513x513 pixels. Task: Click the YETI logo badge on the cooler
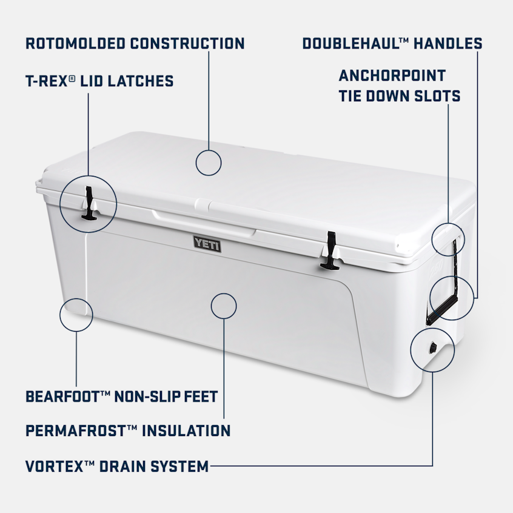[x=207, y=244]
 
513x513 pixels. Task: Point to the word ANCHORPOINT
[x=392, y=76]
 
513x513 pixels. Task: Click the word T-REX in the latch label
[x=47, y=81]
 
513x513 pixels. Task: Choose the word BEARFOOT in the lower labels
[x=62, y=397]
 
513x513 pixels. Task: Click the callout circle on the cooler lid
[x=209, y=163]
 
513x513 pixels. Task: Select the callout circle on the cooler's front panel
[x=224, y=305]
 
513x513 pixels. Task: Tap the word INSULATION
[x=186, y=431]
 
